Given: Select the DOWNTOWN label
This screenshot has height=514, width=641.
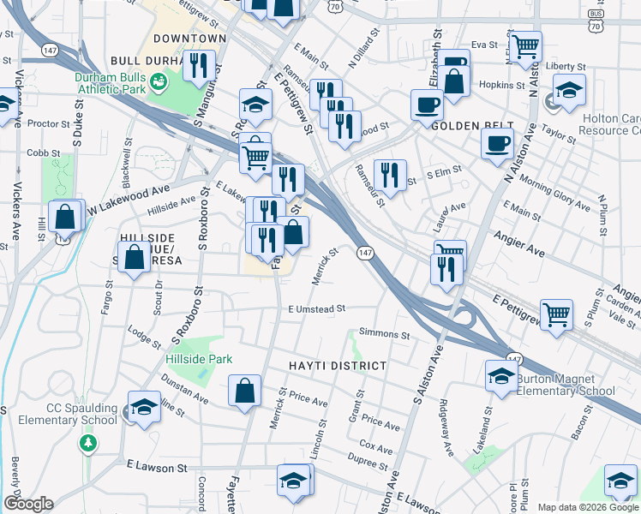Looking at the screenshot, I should [189, 39].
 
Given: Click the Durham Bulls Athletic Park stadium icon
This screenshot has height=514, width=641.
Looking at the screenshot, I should [158, 81].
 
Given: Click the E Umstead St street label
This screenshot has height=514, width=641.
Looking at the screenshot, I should [316, 308].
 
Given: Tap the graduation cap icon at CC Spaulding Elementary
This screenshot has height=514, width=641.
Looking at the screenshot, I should [144, 405].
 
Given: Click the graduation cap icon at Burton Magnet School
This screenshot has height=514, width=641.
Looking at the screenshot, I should [501, 375].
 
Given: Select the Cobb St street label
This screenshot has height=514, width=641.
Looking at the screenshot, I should [37, 152].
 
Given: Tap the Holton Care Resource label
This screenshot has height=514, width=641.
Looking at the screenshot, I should [609, 125].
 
